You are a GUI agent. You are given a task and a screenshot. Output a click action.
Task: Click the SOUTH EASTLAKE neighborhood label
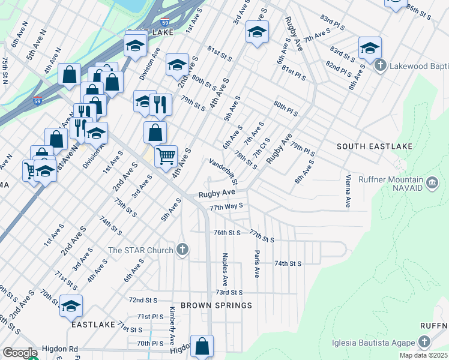tap(367, 146)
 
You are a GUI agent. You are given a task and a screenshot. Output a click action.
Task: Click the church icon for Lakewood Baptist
tap(379, 65)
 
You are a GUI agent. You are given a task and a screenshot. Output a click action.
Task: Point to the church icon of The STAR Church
tap(183, 250)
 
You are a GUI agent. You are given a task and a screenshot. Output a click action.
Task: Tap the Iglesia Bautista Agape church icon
tap(424, 343)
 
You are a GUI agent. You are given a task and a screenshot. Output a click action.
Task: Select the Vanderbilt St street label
tap(224, 172)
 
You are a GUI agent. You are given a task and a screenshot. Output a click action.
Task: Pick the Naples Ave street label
tap(225, 269)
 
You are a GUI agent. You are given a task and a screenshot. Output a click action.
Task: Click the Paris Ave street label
tap(256, 263)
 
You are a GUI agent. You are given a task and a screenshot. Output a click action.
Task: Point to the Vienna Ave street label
tap(348, 191)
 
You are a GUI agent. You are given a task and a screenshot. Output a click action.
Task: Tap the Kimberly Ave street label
tap(172, 326)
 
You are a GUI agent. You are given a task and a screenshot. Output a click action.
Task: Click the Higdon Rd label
tap(60, 349)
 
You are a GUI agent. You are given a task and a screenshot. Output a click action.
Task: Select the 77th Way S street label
tap(226, 207)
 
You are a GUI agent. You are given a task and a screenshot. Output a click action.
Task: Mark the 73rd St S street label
tap(229, 292)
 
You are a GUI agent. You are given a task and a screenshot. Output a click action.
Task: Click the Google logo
tap(19, 353)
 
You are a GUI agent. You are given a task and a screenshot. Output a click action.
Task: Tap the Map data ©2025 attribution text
tap(424, 355)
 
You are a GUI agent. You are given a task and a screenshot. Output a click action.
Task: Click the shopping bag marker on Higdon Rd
tap(202, 346)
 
